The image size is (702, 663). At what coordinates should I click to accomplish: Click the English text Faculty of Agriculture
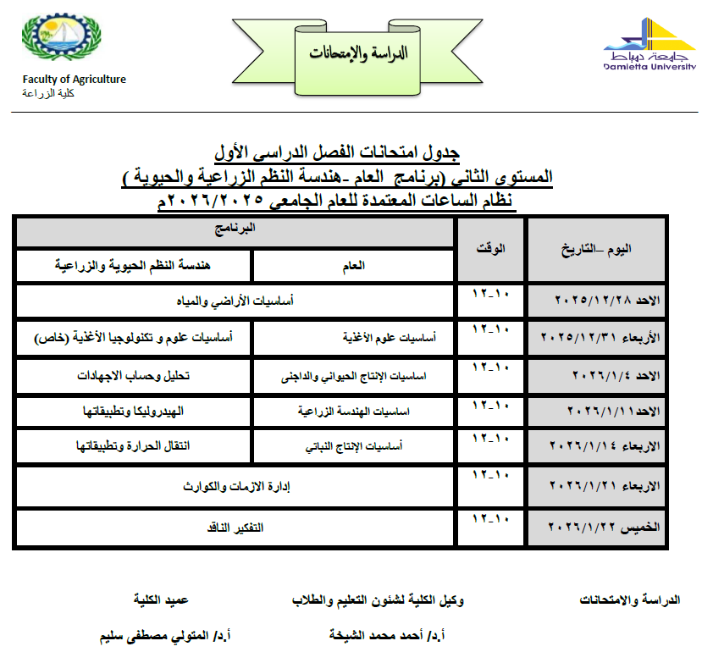point(75,80)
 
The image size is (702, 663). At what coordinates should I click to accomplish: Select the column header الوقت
point(489,249)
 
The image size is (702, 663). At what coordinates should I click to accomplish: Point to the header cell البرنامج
point(235,229)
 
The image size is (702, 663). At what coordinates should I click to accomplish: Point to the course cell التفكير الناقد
point(235,527)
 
